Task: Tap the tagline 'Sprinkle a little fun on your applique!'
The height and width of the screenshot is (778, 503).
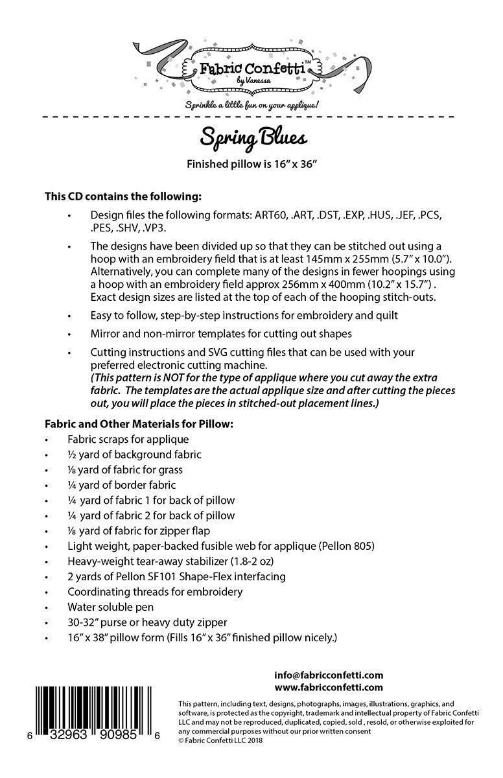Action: pos(253,104)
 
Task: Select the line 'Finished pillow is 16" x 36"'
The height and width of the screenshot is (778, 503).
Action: pos(251,164)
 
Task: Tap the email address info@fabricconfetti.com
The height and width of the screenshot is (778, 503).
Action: pos(329,675)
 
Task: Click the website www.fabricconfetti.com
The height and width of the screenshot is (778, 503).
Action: pos(329,687)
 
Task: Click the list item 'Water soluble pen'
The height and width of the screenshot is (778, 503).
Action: pos(111,607)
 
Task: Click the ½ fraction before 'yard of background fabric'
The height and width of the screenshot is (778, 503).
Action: pos(71,454)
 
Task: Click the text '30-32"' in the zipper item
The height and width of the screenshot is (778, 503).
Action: pos(82,623)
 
